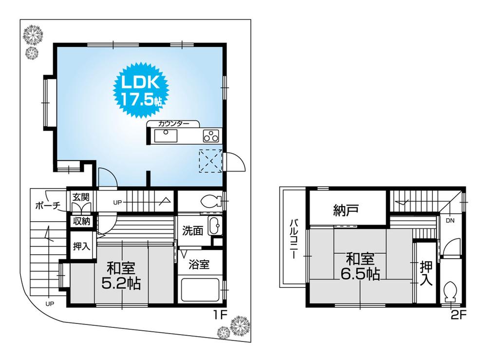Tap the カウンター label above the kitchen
[173, 124]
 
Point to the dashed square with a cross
[210, 161]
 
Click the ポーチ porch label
[47, 206]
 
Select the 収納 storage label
[81, 222]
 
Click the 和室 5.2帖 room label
[121, 276]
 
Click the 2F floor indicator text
[458, 314]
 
